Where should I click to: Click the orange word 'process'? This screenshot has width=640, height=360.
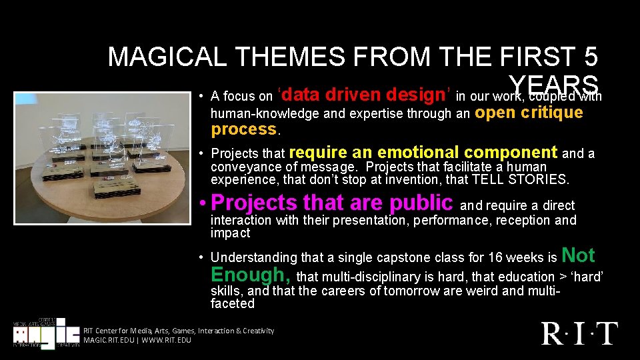243,129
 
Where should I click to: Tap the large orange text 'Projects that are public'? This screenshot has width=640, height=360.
331,202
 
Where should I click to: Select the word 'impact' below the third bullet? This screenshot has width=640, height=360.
230,233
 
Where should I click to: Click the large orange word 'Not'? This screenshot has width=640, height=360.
579,255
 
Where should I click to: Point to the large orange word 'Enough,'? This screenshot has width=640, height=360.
251,275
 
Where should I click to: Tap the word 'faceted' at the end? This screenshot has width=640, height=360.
233,303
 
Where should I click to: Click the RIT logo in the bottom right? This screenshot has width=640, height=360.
579,333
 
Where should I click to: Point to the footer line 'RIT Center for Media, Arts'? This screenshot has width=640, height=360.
179,331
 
